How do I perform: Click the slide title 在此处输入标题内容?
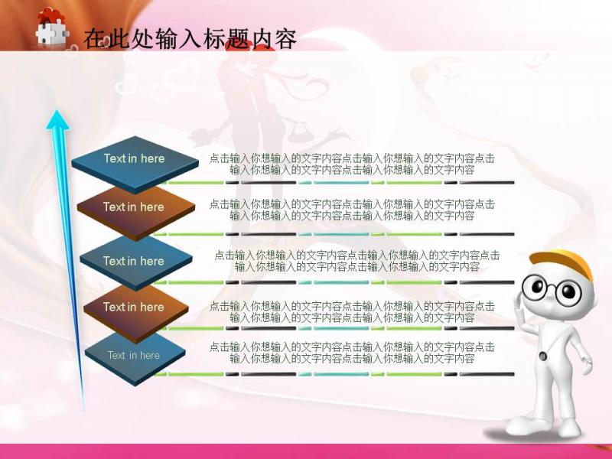point(190,39)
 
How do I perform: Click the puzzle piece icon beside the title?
point(51,28)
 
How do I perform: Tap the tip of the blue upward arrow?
point(58,111)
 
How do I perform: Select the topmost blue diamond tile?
point(135,164)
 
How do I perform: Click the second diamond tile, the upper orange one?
point(136,212)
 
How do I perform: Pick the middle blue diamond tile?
point(136,262)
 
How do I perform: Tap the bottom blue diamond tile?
point(135,358)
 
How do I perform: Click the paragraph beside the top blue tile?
point(352,164)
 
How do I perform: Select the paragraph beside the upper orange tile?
point(352,210)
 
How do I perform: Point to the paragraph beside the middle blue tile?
point(357,261)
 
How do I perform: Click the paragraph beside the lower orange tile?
point(352,312)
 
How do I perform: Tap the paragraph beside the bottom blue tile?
point(352,353)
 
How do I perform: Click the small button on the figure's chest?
point(542,356)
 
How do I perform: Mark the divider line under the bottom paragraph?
point(334,374)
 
